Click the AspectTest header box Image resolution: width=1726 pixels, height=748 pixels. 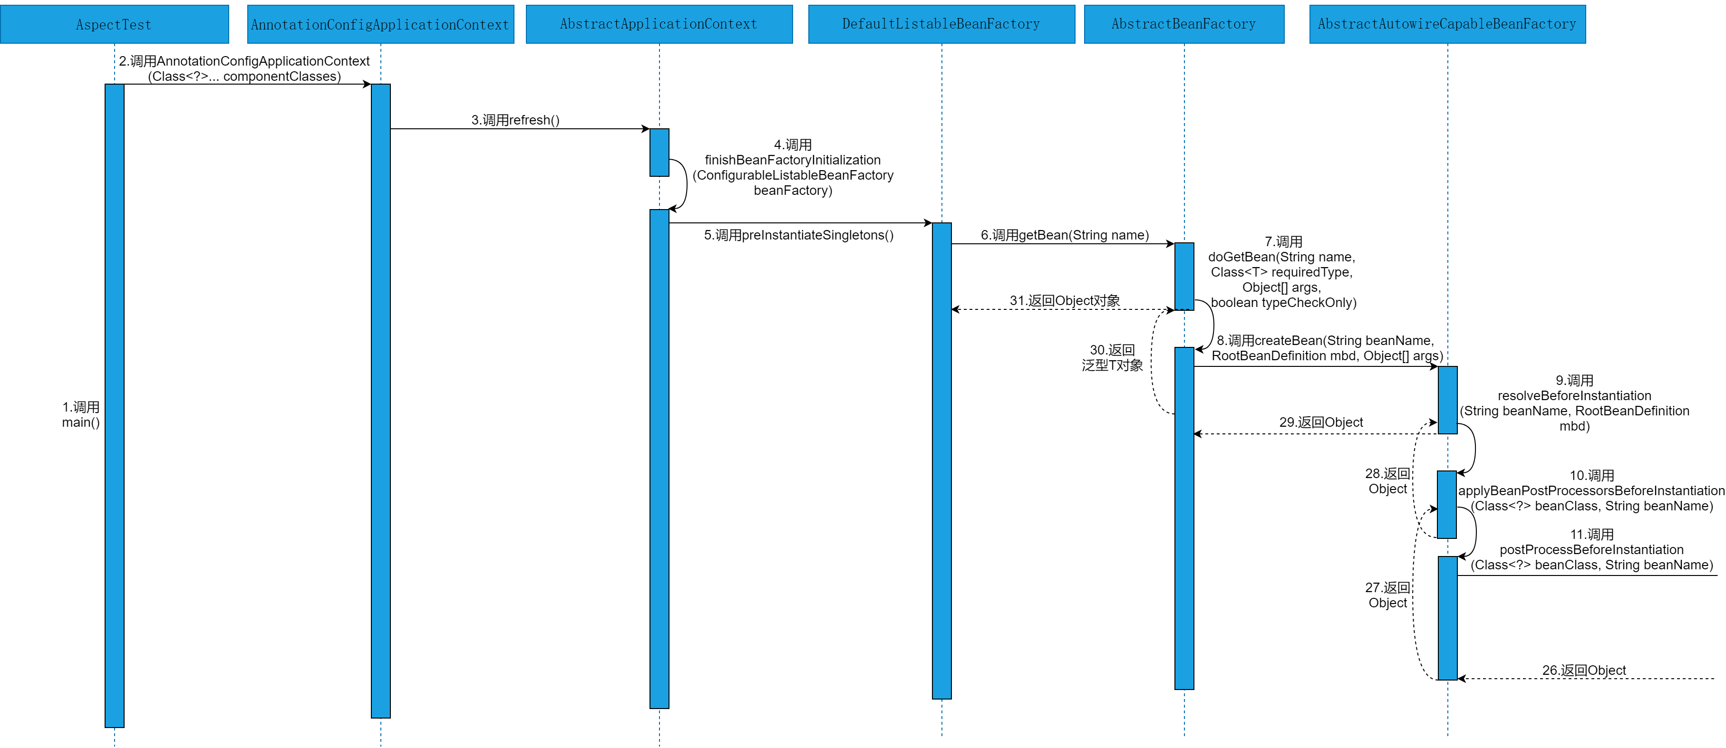pyautogui.click(x=114, y=25)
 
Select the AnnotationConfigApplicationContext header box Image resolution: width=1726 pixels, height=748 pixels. pyautogui.click(x=380, y=25)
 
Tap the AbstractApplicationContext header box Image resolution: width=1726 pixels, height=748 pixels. pyautogui.click(x=659, y=24)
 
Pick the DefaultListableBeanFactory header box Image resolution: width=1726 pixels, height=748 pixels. pyautogui.click(x=941, y=24)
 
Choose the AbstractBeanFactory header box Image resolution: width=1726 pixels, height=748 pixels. pyautogui.click(x=1183, y=24)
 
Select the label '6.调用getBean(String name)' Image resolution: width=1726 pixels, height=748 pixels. pyautogui.click(x=1065, y=235)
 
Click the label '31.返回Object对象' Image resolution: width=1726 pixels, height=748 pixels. pyautogui.click(x=1065, y=301)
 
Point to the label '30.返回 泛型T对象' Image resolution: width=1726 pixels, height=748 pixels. pyautogui.click(x=1112, y=357)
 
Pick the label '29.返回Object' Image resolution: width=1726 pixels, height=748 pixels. pyautogui.click(x=1320, y=422)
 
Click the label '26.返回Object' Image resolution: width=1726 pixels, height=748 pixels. pyautogui.click(x=1584, y=671)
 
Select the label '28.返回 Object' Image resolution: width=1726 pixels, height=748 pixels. pyautogui.click(x=1387, y=481)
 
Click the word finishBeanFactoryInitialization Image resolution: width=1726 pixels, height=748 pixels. pyautogui.click(x=793, y=160)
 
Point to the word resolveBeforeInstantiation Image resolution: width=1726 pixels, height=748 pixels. pyautogui.click(x=1575, y=396)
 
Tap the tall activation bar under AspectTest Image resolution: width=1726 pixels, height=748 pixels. pyautogui.click(x=115, y=405)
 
